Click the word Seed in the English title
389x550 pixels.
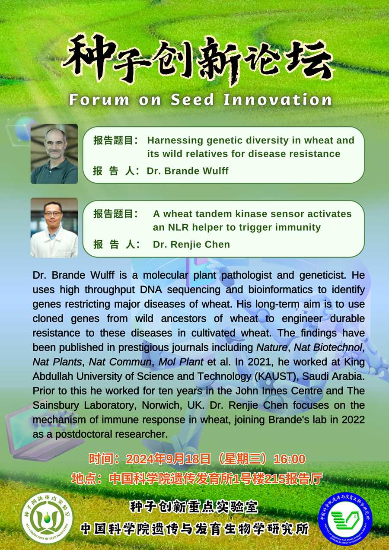pos(192,100)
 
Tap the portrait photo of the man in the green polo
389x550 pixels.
pos(54,154)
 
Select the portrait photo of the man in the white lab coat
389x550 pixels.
pos(54,228)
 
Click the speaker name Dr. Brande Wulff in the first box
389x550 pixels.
pos(188,171)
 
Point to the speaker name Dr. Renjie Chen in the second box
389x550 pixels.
pos(191,244)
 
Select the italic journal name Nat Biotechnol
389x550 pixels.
pos(328,347)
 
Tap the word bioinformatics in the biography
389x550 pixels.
pos(281,290)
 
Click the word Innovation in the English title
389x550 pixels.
pos(277,100)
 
